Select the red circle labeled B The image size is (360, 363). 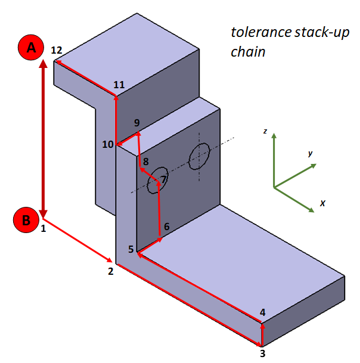click(26, 219)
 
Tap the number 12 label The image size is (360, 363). click(57, 50)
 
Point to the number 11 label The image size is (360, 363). click(119, 85)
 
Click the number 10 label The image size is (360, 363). click(107, 144)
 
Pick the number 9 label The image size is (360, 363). click(137, 123)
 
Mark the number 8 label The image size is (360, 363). click(145, 161)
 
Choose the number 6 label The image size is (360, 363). click(166, 227)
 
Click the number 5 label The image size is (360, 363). click(131, 249)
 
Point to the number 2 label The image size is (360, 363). click(110, 271)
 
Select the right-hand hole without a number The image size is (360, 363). click(199, 157)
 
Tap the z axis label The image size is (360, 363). click(265, 130)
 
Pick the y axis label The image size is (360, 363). click(311, 153)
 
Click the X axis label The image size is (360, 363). click(322, 203)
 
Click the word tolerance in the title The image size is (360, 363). click(257, 32)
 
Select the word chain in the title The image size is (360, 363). click(248, 52)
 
